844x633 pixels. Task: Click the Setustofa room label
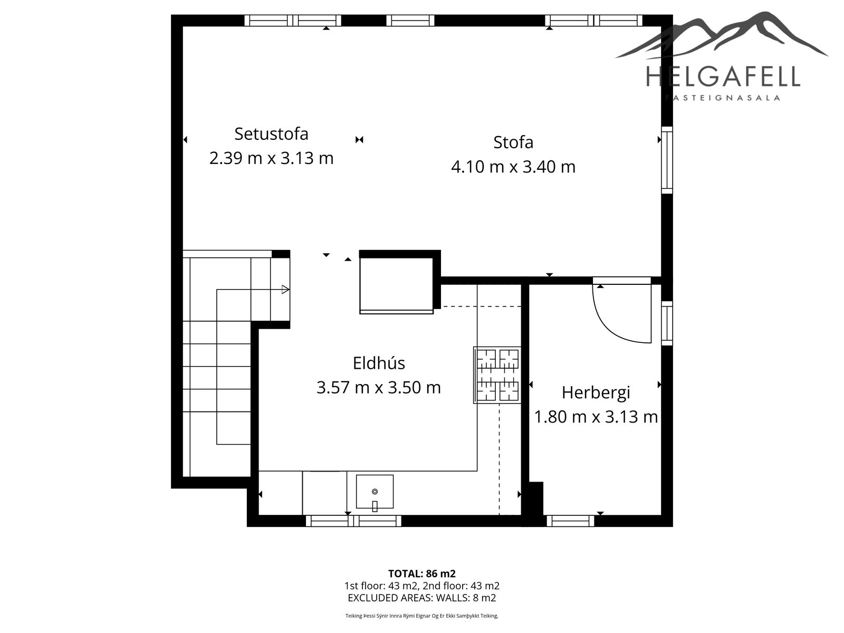coord(271,134)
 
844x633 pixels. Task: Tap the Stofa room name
coord(513,142)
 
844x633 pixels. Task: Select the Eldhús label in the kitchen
coord(379,363)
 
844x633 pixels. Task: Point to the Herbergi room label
coord(596,393)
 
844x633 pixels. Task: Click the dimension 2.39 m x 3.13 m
coord(271,158)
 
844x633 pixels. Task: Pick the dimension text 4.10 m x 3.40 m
coord(513,167)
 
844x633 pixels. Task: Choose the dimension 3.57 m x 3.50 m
coord(379,387)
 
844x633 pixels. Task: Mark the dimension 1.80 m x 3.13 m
coord(596,417)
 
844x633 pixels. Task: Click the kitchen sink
coord(375,492)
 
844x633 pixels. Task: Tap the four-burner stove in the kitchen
coord(497,375)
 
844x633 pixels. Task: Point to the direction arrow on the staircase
coord(285,290)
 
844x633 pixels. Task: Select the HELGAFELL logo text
coord(723,76)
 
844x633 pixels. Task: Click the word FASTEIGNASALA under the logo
coord(723,98)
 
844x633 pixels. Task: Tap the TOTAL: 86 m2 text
coord(422,573)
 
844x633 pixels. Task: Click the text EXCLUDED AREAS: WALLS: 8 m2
coord(422,598)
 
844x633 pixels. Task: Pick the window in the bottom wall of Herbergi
coord(570,521)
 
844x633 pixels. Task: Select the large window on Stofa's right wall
coord(667,160)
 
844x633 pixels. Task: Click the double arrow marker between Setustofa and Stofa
coord(359,139)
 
